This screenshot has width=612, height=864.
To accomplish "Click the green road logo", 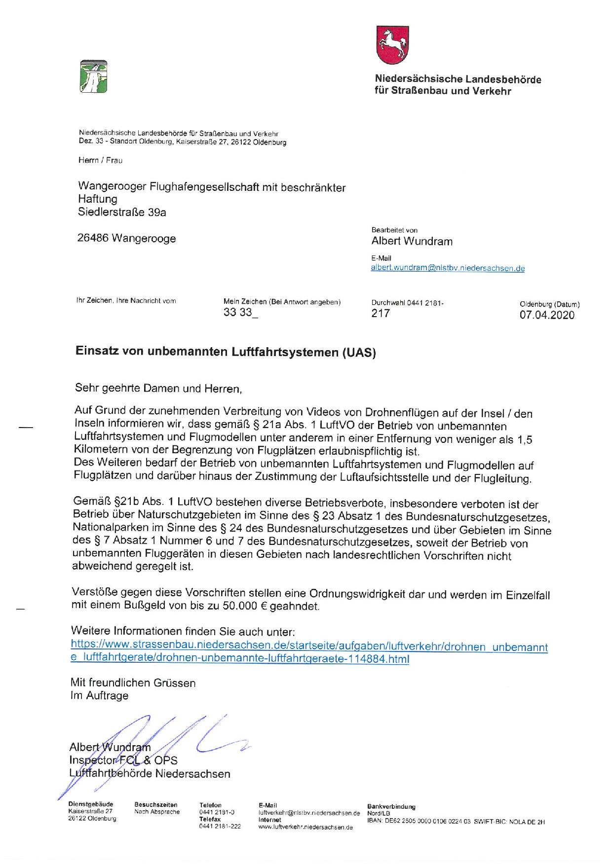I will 93,76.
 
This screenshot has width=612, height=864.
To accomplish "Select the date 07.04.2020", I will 547,315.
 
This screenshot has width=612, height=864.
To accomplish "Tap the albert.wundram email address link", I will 448,269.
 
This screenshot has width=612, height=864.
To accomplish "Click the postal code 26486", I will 93,239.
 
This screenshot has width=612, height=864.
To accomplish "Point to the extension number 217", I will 381,313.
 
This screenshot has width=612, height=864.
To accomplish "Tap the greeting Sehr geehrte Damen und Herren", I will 158,389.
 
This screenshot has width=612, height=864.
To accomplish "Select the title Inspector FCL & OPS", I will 123,760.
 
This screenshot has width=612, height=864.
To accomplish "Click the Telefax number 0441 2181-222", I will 220,827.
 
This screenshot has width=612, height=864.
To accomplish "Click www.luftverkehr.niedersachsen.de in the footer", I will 306,828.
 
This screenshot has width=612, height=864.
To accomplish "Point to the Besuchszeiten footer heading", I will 155,805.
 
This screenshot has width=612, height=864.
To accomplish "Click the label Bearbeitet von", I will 394,230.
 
